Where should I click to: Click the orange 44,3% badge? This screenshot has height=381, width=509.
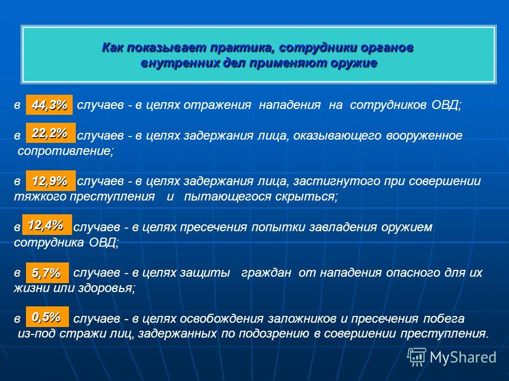(x=49, y=105)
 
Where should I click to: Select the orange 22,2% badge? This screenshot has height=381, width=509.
(x=51, y=133)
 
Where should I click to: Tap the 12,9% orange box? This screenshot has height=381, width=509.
(x=51, y=180)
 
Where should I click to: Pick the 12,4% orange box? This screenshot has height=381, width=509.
(x=47, y=224)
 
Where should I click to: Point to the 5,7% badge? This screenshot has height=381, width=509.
(x=47, y=273)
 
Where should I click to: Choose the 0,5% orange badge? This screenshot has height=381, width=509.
(x=47, y=316)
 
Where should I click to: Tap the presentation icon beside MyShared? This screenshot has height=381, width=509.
(x=417, y=357)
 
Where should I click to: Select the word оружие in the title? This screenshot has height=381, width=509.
(x=354, y=62)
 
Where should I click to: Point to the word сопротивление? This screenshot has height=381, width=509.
(x=66, y=151)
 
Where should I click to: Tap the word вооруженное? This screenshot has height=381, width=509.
(x=424, y=135)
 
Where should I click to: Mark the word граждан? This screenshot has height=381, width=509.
(x=266, y=273)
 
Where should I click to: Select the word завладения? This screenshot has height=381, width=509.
(x=343, y=227)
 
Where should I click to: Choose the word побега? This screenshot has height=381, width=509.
(x=444, y=319)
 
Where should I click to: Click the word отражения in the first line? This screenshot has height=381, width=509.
(x=217, y=105)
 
